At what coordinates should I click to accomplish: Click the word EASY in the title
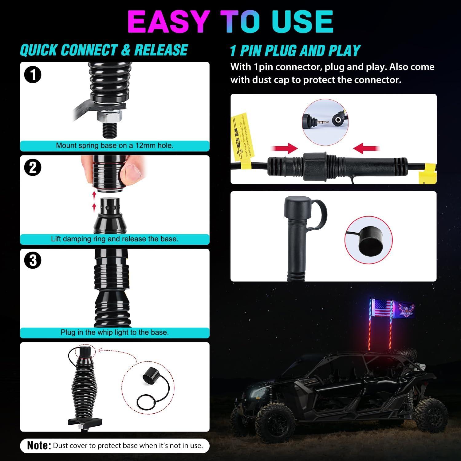tap(168, 22)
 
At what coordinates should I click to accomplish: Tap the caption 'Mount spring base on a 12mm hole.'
tap(115, 146)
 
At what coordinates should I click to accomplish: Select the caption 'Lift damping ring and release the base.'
tap(115, 239)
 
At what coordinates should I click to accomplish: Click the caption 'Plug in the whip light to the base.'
tap(115, 333)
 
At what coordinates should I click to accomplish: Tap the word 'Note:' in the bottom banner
tap(39, 446)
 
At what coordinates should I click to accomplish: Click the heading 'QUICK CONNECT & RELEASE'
tap(104, 50)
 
